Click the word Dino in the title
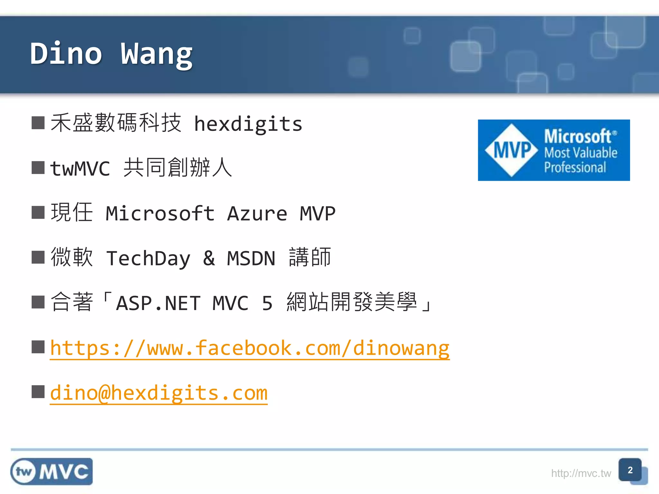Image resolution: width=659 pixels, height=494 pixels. pyautogui.click(x=66, y=54)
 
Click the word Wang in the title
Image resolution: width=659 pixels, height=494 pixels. pyautogui.click(x=157, y=55)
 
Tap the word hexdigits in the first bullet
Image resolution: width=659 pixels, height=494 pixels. pyautogui.click(x=248, y=124)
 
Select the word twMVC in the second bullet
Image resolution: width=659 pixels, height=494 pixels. pyautogui.click(x=80, y=169)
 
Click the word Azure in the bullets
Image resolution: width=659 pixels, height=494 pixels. pyautogui.click(x=257, y=214)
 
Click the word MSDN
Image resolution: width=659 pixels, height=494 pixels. pyautogui.click(x=251, y=258)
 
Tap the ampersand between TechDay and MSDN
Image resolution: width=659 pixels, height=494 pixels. pyautogui.click(x=209, y=258)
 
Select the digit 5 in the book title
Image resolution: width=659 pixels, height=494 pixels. pyautogui.click(x=267, y=303)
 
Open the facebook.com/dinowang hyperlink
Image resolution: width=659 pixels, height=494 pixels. pyautogui.click(x=250, y=348)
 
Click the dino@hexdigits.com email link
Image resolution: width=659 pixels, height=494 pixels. pyautogui.click(x=159, y=393)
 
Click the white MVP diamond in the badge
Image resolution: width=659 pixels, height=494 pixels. pyautogui.click(x=512, y=150)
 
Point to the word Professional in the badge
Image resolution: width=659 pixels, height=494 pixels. pyautogui.click(x=575, y=168)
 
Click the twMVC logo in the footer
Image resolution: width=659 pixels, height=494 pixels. pyautogui.click(x=51, y=471)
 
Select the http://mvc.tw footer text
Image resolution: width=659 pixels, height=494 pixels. pyautogui.click(x=581, y=473)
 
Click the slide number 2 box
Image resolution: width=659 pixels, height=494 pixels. pyautogui.click(x=630, y=470)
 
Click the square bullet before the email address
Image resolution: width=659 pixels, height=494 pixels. pyautogui.click(x=38, y=392)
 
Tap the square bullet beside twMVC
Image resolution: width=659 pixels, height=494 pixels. pyautogui.click(x=38, y=168)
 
